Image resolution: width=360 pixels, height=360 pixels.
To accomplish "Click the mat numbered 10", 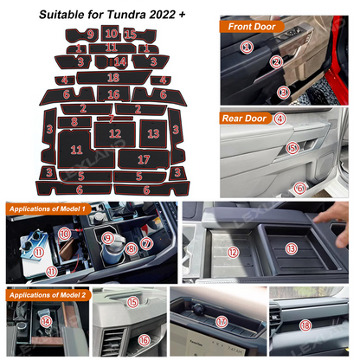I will click(x=110, y=33).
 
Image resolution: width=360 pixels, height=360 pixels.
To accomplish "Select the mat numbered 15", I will click(x=130, y=34).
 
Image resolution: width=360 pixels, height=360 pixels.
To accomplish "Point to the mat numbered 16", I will click(x=113, y=93).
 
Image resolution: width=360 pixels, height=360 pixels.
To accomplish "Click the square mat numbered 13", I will click(x=153, y=134).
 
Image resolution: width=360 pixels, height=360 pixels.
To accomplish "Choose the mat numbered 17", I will click(x=144, y=159).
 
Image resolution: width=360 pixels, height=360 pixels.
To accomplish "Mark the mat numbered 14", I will click(x=120, y=61).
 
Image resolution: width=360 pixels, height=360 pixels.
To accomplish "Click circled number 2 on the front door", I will click(x=276, y=61).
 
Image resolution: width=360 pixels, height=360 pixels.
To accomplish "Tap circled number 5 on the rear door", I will click(x=293, y=149).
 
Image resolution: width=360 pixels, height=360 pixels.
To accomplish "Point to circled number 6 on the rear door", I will click(x=299, y=187).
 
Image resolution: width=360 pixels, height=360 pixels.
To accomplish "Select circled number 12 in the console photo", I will click(x=233, y=251).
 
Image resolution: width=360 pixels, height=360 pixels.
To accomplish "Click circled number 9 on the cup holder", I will click(x=108, y=237).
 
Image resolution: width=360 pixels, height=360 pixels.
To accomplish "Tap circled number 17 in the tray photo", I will click(x=222, y=322).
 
